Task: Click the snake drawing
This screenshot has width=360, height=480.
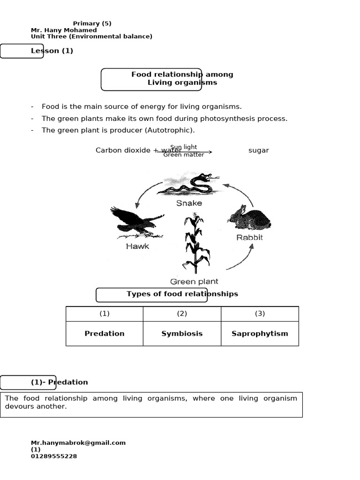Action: coord(187,184)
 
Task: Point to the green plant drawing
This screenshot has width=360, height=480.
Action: coord(196,244)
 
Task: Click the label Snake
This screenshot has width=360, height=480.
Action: coord(189,203)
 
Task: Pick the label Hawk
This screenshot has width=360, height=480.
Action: coord(137,246)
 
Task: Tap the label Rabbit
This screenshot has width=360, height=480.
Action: coord(249,237)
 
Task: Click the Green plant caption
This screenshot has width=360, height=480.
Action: coord(194,282)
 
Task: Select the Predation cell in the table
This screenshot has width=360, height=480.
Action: coord(105,334)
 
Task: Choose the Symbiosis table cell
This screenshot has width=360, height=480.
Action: coord(182,334)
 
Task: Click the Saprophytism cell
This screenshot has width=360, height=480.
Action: coord(260,334)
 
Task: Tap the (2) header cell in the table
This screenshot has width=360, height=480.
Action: coord(182,314)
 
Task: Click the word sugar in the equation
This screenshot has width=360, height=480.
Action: coord(259,150)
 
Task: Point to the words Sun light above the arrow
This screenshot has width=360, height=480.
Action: coord(184,147)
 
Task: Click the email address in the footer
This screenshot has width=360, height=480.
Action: coord(78,442)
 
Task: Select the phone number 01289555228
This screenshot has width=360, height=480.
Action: coord(54,456)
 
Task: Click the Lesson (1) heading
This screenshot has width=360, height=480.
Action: coord(52,51)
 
